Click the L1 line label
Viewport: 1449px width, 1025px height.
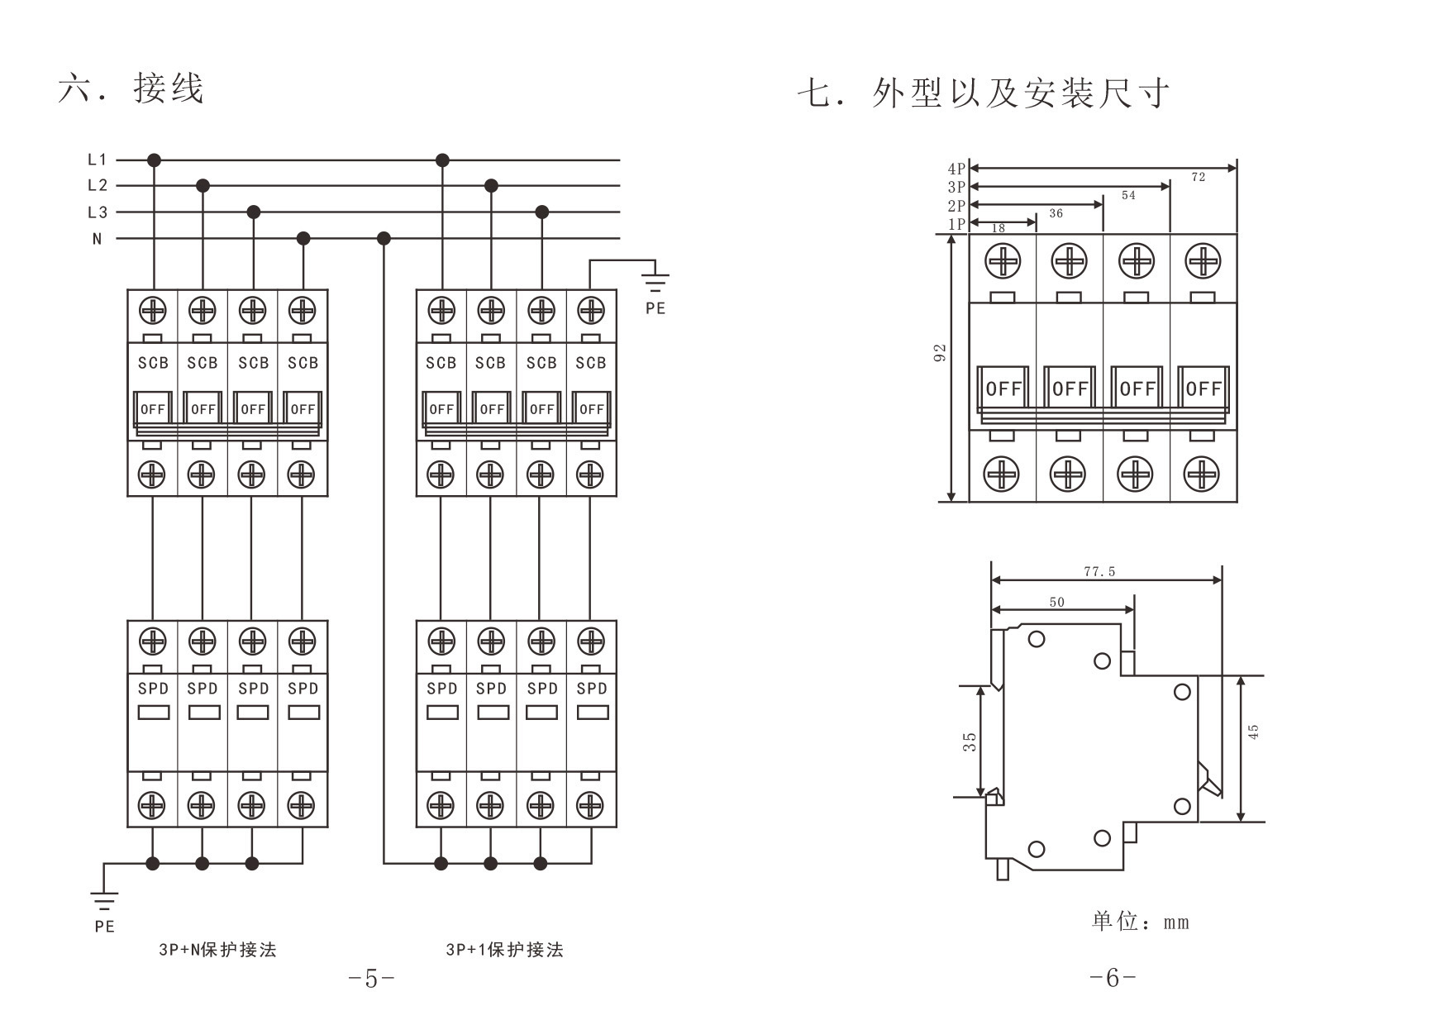tap(97, 160)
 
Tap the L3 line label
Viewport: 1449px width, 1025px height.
tap(97, 212)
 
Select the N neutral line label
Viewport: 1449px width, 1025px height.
tap(97, 239)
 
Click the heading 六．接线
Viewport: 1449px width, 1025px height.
tap(131, 88)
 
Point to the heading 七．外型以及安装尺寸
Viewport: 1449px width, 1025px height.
tap(984, 93)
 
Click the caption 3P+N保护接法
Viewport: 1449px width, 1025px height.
tap(217, 950)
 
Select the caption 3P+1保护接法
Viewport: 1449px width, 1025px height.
tap(504, 950)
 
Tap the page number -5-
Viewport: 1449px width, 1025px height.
tap(371, 980)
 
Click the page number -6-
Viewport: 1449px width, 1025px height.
tap(1113, 979)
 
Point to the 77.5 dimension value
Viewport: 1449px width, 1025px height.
tap(1099, 571)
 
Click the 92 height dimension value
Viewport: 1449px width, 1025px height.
tap(940, 353)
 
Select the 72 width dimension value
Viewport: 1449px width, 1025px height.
tap(1198, 177)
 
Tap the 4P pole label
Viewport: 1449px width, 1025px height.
tap(956, 169)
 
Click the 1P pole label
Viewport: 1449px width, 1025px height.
tap(956, 224)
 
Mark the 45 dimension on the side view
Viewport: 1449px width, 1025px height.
tap(1253, 732)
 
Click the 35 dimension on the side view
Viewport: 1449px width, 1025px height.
tap(970, 741)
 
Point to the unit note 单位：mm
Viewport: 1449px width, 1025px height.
tap(1140, 922)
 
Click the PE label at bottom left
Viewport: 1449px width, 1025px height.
tap(104, 927)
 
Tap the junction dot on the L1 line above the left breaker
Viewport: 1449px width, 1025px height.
tap(154, 160)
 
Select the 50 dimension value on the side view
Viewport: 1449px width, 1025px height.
tap(1057, 603)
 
